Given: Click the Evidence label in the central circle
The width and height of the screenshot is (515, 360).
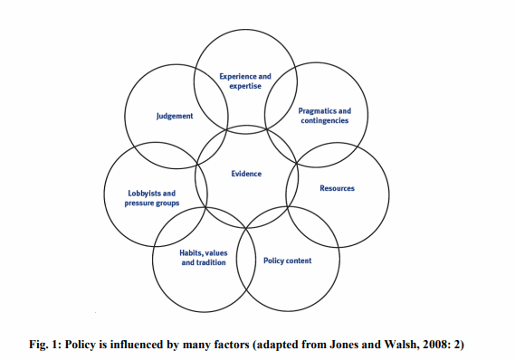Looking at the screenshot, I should point(246,173).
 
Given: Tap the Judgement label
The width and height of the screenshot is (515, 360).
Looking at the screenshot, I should point(174,116).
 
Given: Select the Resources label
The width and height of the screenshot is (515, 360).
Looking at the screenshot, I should point(337,189).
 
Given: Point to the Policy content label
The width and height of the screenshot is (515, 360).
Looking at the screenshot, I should point(287,261).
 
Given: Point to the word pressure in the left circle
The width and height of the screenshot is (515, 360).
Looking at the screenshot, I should point(145,204).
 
